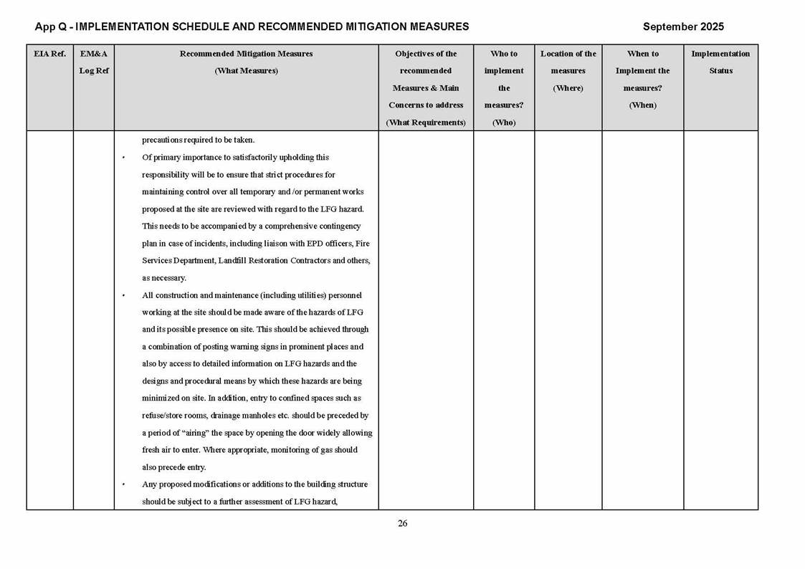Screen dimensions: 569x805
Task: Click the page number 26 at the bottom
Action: [402, 523]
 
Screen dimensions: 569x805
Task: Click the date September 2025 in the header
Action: [683, 27]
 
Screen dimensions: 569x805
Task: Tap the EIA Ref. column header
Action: [49, 54]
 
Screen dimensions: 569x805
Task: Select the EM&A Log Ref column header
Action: [93, 62]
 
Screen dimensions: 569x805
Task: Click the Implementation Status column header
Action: [720, 62]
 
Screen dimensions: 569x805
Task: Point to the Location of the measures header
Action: [568, 71]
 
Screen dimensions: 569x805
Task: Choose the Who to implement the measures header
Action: [504, 87]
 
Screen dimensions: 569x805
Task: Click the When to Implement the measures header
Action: [642, 79]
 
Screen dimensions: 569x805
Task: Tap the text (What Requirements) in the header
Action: [426, 123]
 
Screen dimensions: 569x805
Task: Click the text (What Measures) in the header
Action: [246, 71]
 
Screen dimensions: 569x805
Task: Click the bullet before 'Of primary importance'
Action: [124, 158]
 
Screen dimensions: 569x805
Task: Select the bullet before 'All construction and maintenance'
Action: [124, 295]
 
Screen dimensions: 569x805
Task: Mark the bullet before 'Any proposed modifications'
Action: [124, 484]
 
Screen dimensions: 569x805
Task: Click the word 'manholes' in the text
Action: [285, 416]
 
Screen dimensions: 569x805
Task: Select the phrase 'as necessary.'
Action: [164, 278]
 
